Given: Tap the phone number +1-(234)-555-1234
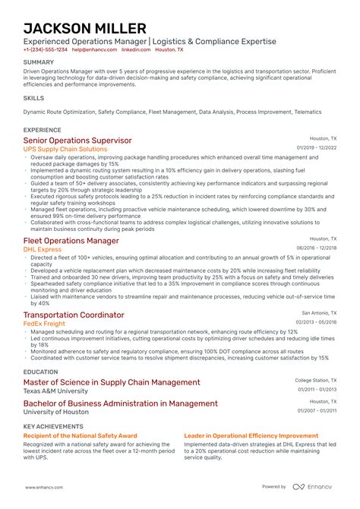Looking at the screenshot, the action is (46, 49).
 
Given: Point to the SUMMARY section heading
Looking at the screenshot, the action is (38, 62).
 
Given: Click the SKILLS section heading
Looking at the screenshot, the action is (33, 98).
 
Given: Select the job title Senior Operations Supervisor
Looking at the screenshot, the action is (77, 141).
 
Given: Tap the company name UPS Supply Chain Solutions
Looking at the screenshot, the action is (65, 150).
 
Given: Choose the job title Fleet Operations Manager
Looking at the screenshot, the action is (71, 241).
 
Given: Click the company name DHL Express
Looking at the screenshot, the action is (43, 249).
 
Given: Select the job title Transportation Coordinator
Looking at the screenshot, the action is (74, 315).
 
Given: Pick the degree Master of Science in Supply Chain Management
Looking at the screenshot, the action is (112, 382).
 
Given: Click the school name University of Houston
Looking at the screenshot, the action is (56, 411).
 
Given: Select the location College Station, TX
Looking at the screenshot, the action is (316, 380).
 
